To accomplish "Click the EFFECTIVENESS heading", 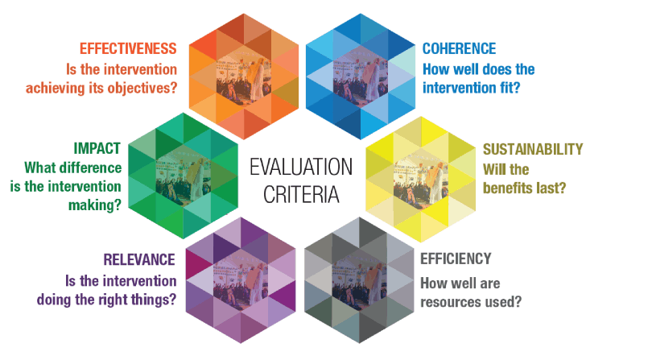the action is pos(128,48).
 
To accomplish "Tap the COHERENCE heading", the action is pos(459,48).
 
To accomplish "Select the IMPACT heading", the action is pos(97,148).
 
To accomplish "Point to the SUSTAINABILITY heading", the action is pos(533,149).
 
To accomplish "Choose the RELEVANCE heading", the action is pos(139,259).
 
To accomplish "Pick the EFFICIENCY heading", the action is pos(456,259).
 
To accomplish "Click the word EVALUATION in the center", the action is pos(301,168).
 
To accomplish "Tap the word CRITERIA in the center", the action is pos(301,194).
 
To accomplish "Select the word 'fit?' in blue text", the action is pos(508,88).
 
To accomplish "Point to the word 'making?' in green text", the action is pos(95,205).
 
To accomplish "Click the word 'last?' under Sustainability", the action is pos(551,188).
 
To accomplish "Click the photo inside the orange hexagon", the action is pos(244,77).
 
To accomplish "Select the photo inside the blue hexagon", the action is pos(361,77).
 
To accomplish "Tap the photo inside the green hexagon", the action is pos(184,176).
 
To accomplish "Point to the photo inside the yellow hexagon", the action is pos(421,180).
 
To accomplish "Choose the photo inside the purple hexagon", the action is pos(241,280).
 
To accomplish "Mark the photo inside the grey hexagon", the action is pos(360,280).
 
